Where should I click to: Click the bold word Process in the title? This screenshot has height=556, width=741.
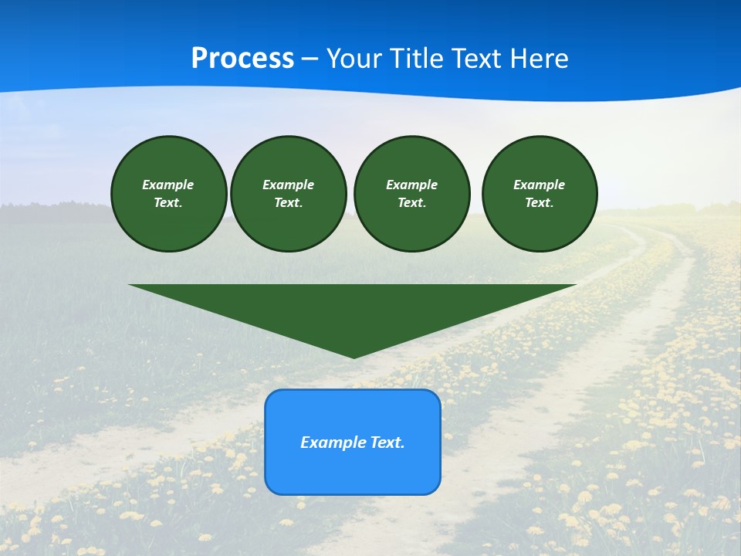pyautogui.click(x=242, y=59)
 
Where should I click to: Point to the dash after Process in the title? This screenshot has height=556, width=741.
pyautogui.click(x=310, y=59)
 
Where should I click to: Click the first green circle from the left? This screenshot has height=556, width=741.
pyautogui.click(x=169, y=194)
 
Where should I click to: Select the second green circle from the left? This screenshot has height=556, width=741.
pyautogui.click(x=289, y=194)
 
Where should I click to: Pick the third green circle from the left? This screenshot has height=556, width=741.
pyautogui.click(x=412, y=194)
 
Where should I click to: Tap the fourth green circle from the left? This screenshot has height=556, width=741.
pyautogui.click(x=540, y=194)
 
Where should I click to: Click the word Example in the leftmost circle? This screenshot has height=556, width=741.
pyautogui.click(x=168, y=185)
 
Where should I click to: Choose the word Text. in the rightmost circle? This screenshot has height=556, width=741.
pyautogui.click(x=540, y=203)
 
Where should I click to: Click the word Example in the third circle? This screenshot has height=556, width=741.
pyautogui.click(x=412, y=185)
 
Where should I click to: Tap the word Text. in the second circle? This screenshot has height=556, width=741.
pyautogui.click(x=289, y=203)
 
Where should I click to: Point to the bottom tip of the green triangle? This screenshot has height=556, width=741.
pyautogui.click(x=354, y=357)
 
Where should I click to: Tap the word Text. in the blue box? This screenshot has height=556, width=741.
pyautogui.click(x=387, y=442)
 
